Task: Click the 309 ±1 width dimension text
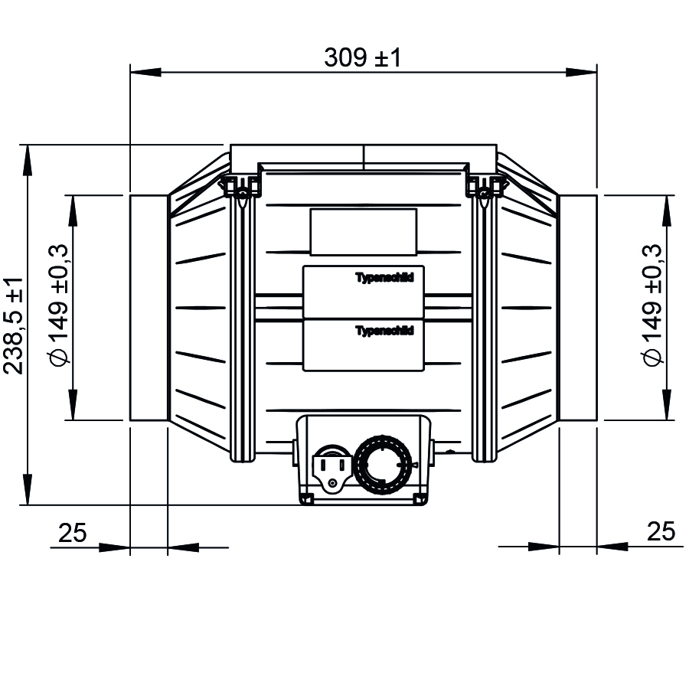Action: tap(363, 57)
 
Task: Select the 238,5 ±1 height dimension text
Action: tap(13, 325)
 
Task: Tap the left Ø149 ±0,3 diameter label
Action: tap(58, 305)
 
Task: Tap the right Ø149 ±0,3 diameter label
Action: tap(651, 305)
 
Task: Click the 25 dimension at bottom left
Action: tap(73, 533)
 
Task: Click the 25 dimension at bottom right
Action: tap(661, 532)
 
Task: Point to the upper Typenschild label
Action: tap(384, 278)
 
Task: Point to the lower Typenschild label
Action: tap(384, 331)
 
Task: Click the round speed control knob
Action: tap(384, 465)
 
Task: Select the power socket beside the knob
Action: tap(332, 468)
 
